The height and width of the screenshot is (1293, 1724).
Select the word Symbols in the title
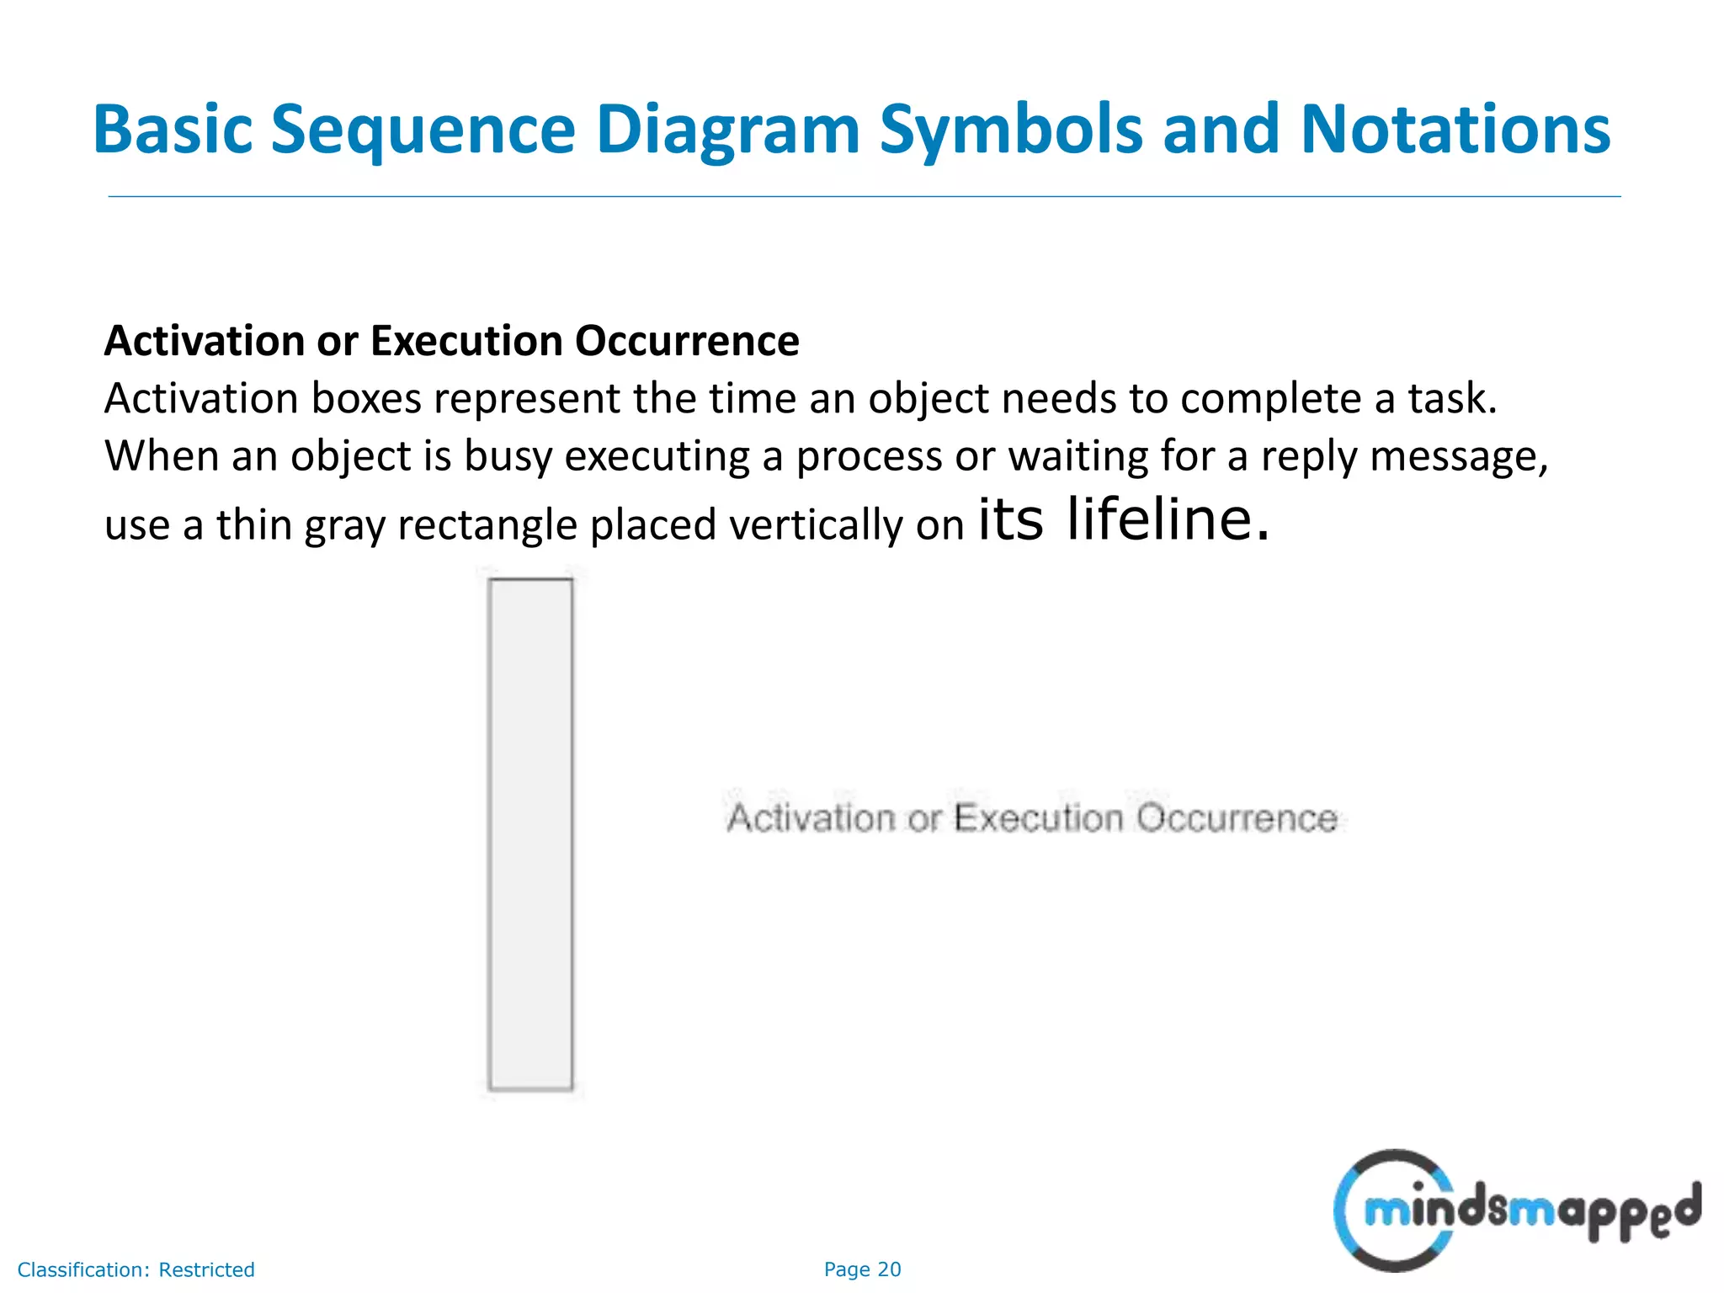(1011, 130)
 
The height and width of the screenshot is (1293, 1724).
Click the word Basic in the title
(173, 130)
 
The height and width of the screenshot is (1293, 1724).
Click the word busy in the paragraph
(508, 456)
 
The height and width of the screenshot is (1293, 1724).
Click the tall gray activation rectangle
(530, 833)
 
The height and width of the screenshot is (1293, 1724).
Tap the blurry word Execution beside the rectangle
(1038, 818)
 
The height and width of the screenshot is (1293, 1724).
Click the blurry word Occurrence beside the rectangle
(1235, 818)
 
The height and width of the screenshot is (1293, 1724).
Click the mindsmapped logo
(1515, 1211)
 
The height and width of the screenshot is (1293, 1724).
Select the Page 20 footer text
(862, 1269)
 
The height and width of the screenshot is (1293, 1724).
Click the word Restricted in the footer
(206, 1269)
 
